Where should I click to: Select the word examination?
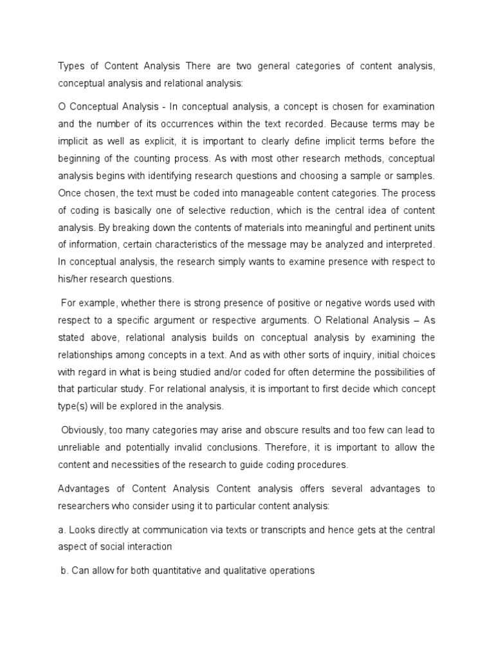point(405,106)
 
